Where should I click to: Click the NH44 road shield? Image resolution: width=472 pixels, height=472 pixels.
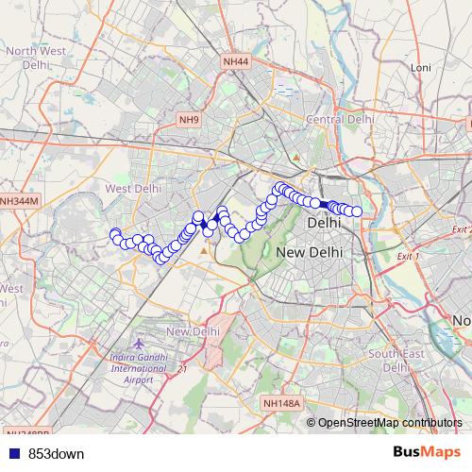[236, 62]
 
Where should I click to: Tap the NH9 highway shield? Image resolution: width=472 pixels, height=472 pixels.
[190, 120]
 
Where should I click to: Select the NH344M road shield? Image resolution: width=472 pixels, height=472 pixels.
[19, 201]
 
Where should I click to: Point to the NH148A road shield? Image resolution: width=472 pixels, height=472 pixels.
[281, 403]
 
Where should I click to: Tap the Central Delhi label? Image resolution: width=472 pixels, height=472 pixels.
[340, 120]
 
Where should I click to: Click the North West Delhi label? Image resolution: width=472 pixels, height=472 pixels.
[34, 57]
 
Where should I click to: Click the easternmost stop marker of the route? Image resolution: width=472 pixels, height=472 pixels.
[357, 211]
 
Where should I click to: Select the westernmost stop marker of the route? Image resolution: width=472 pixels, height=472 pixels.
[115, 234]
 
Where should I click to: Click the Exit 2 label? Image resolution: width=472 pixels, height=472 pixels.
[460, 229]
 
